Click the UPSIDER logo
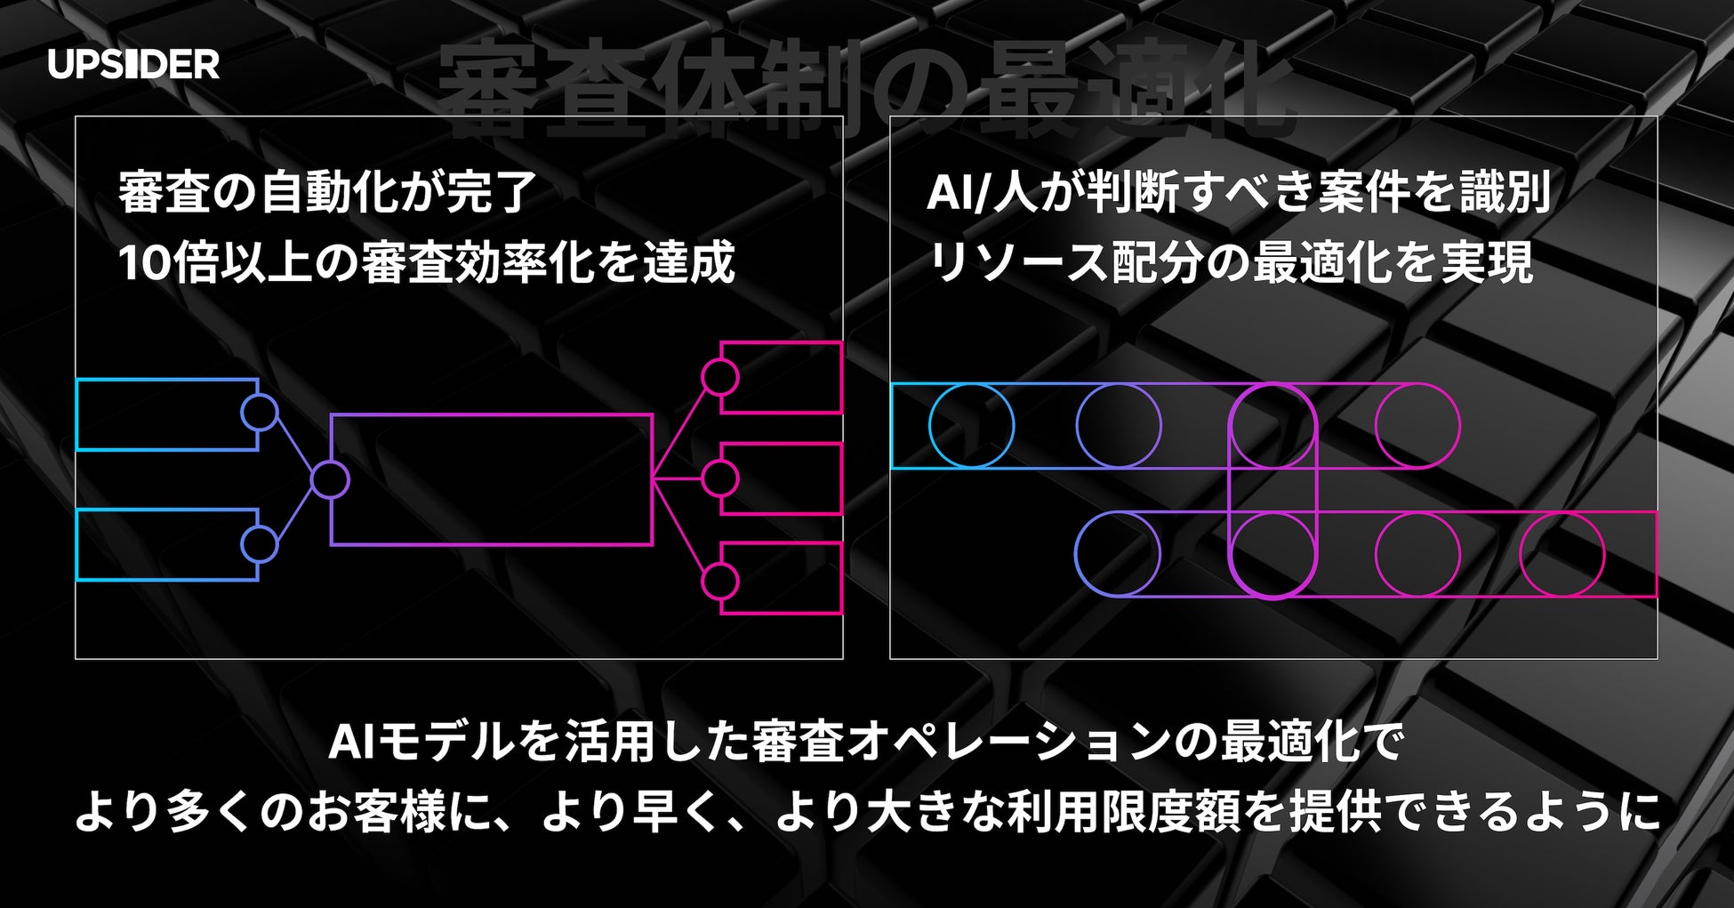click(133, 64)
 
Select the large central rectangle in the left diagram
click(491, 479)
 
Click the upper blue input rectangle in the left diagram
click(160, 414)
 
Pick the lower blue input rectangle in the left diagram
click(160, 545)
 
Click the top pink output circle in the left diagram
click(719, 377)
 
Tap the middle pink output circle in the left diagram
click(719, 479)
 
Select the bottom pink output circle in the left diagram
click(719, 582)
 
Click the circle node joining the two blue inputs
click(330, 479)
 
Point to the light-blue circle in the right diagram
click(971, 426)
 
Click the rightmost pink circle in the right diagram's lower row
click(1561, 554)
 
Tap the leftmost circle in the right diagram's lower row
click(1118, 554)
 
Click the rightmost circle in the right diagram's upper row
click(1417, 426)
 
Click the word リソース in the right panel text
click(1017, 262)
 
